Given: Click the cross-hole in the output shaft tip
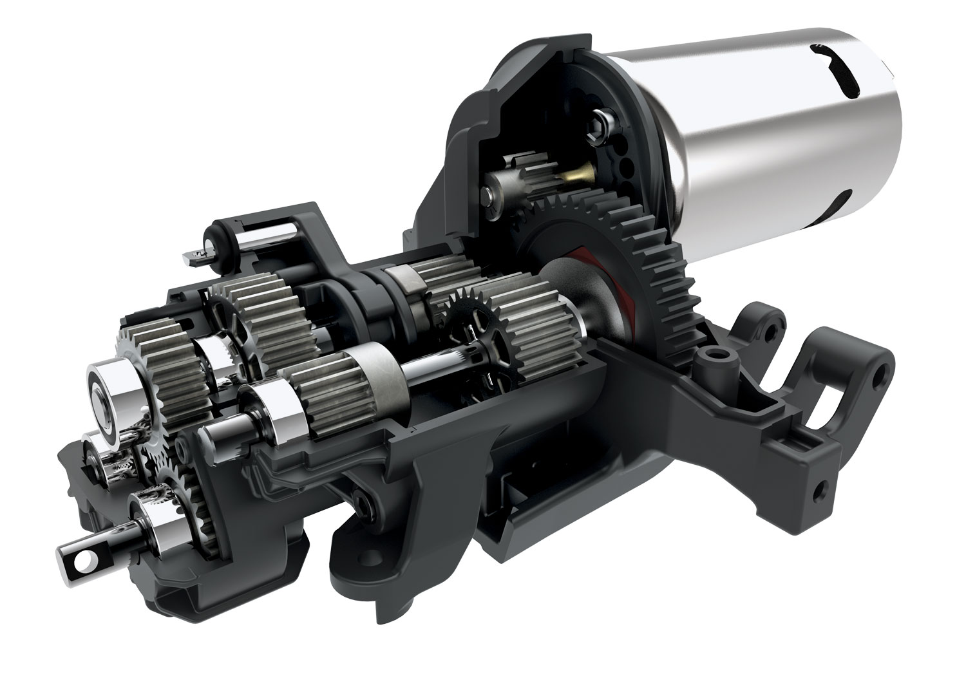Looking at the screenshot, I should click(x=82, y=561).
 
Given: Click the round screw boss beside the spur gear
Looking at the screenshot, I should click(x=714, y=355).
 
